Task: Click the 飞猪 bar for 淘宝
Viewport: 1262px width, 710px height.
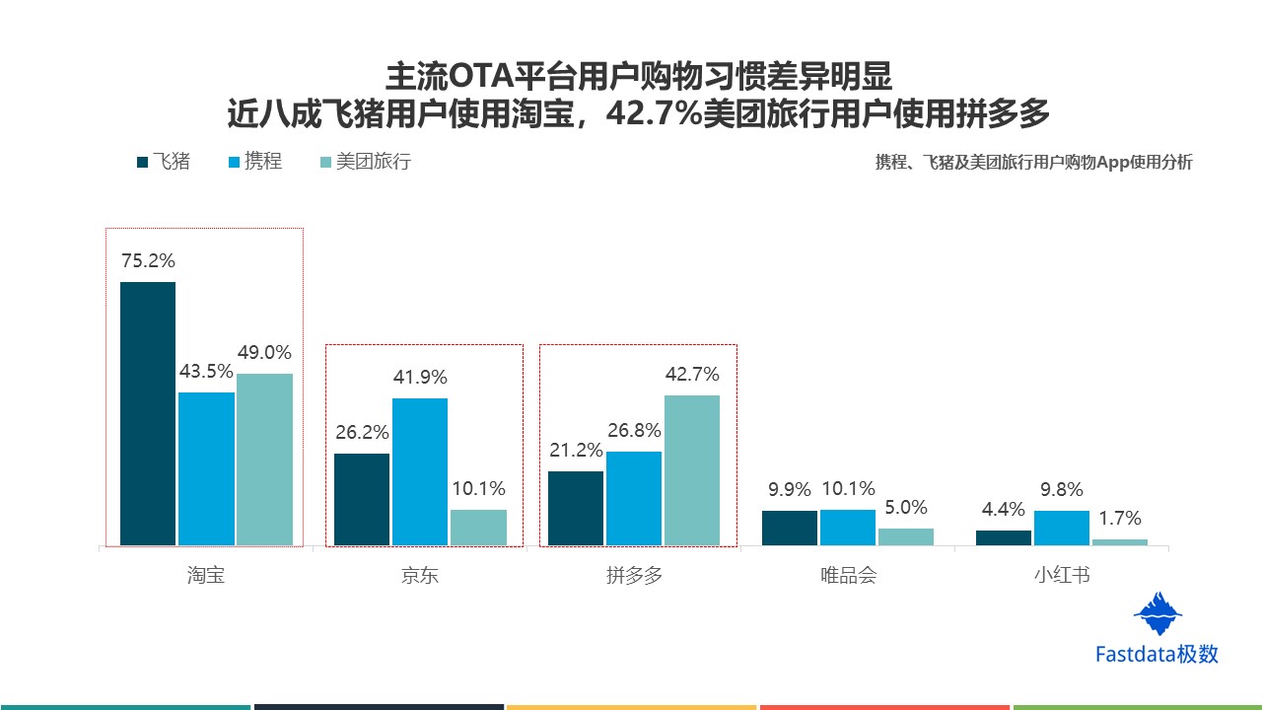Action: pos(148,413)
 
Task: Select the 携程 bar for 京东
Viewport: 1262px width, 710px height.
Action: pos(420,471)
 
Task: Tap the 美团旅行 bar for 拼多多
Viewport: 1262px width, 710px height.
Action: pos(692,469)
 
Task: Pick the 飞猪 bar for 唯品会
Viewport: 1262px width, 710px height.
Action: pos(790,528)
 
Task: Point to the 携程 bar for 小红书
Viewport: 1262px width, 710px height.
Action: pos(1062,528)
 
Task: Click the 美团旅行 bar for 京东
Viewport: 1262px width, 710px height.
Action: pos(478,527)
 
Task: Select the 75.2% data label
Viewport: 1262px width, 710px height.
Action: pos(148,261)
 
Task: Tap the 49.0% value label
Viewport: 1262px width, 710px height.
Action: pos(264,353)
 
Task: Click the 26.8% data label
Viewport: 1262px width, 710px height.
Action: pos(633,431)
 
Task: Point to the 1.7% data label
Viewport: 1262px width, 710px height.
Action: pos(1120,518)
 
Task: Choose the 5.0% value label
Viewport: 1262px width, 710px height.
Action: pos(906,507)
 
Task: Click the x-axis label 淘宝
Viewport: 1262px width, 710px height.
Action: pos(206,575)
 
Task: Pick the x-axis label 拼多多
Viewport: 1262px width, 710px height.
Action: pos(634,575)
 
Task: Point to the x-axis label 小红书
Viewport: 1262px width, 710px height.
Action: pos(1062,575)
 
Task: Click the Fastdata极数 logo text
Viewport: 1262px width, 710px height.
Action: pos(1157,654)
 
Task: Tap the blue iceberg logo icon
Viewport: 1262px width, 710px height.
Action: pos(1157,613)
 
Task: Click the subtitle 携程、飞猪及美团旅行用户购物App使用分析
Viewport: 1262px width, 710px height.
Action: pos(1033,163)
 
